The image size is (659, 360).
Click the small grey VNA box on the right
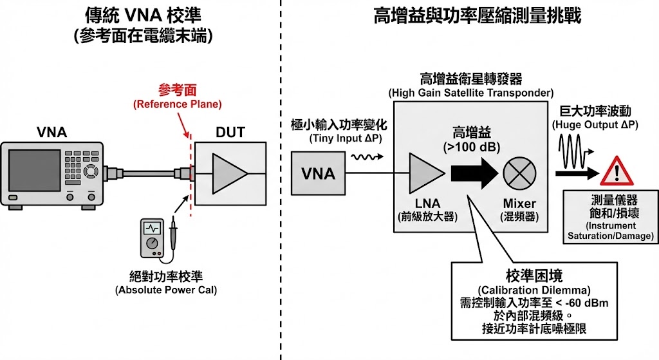tap(318, 173)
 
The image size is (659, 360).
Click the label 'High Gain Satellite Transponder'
tap(471, 93)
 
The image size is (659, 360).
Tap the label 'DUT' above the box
tap(230, 133)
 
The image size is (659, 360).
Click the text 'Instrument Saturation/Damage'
tap(610, 231)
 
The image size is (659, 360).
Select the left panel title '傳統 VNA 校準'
tap(142, 14)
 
